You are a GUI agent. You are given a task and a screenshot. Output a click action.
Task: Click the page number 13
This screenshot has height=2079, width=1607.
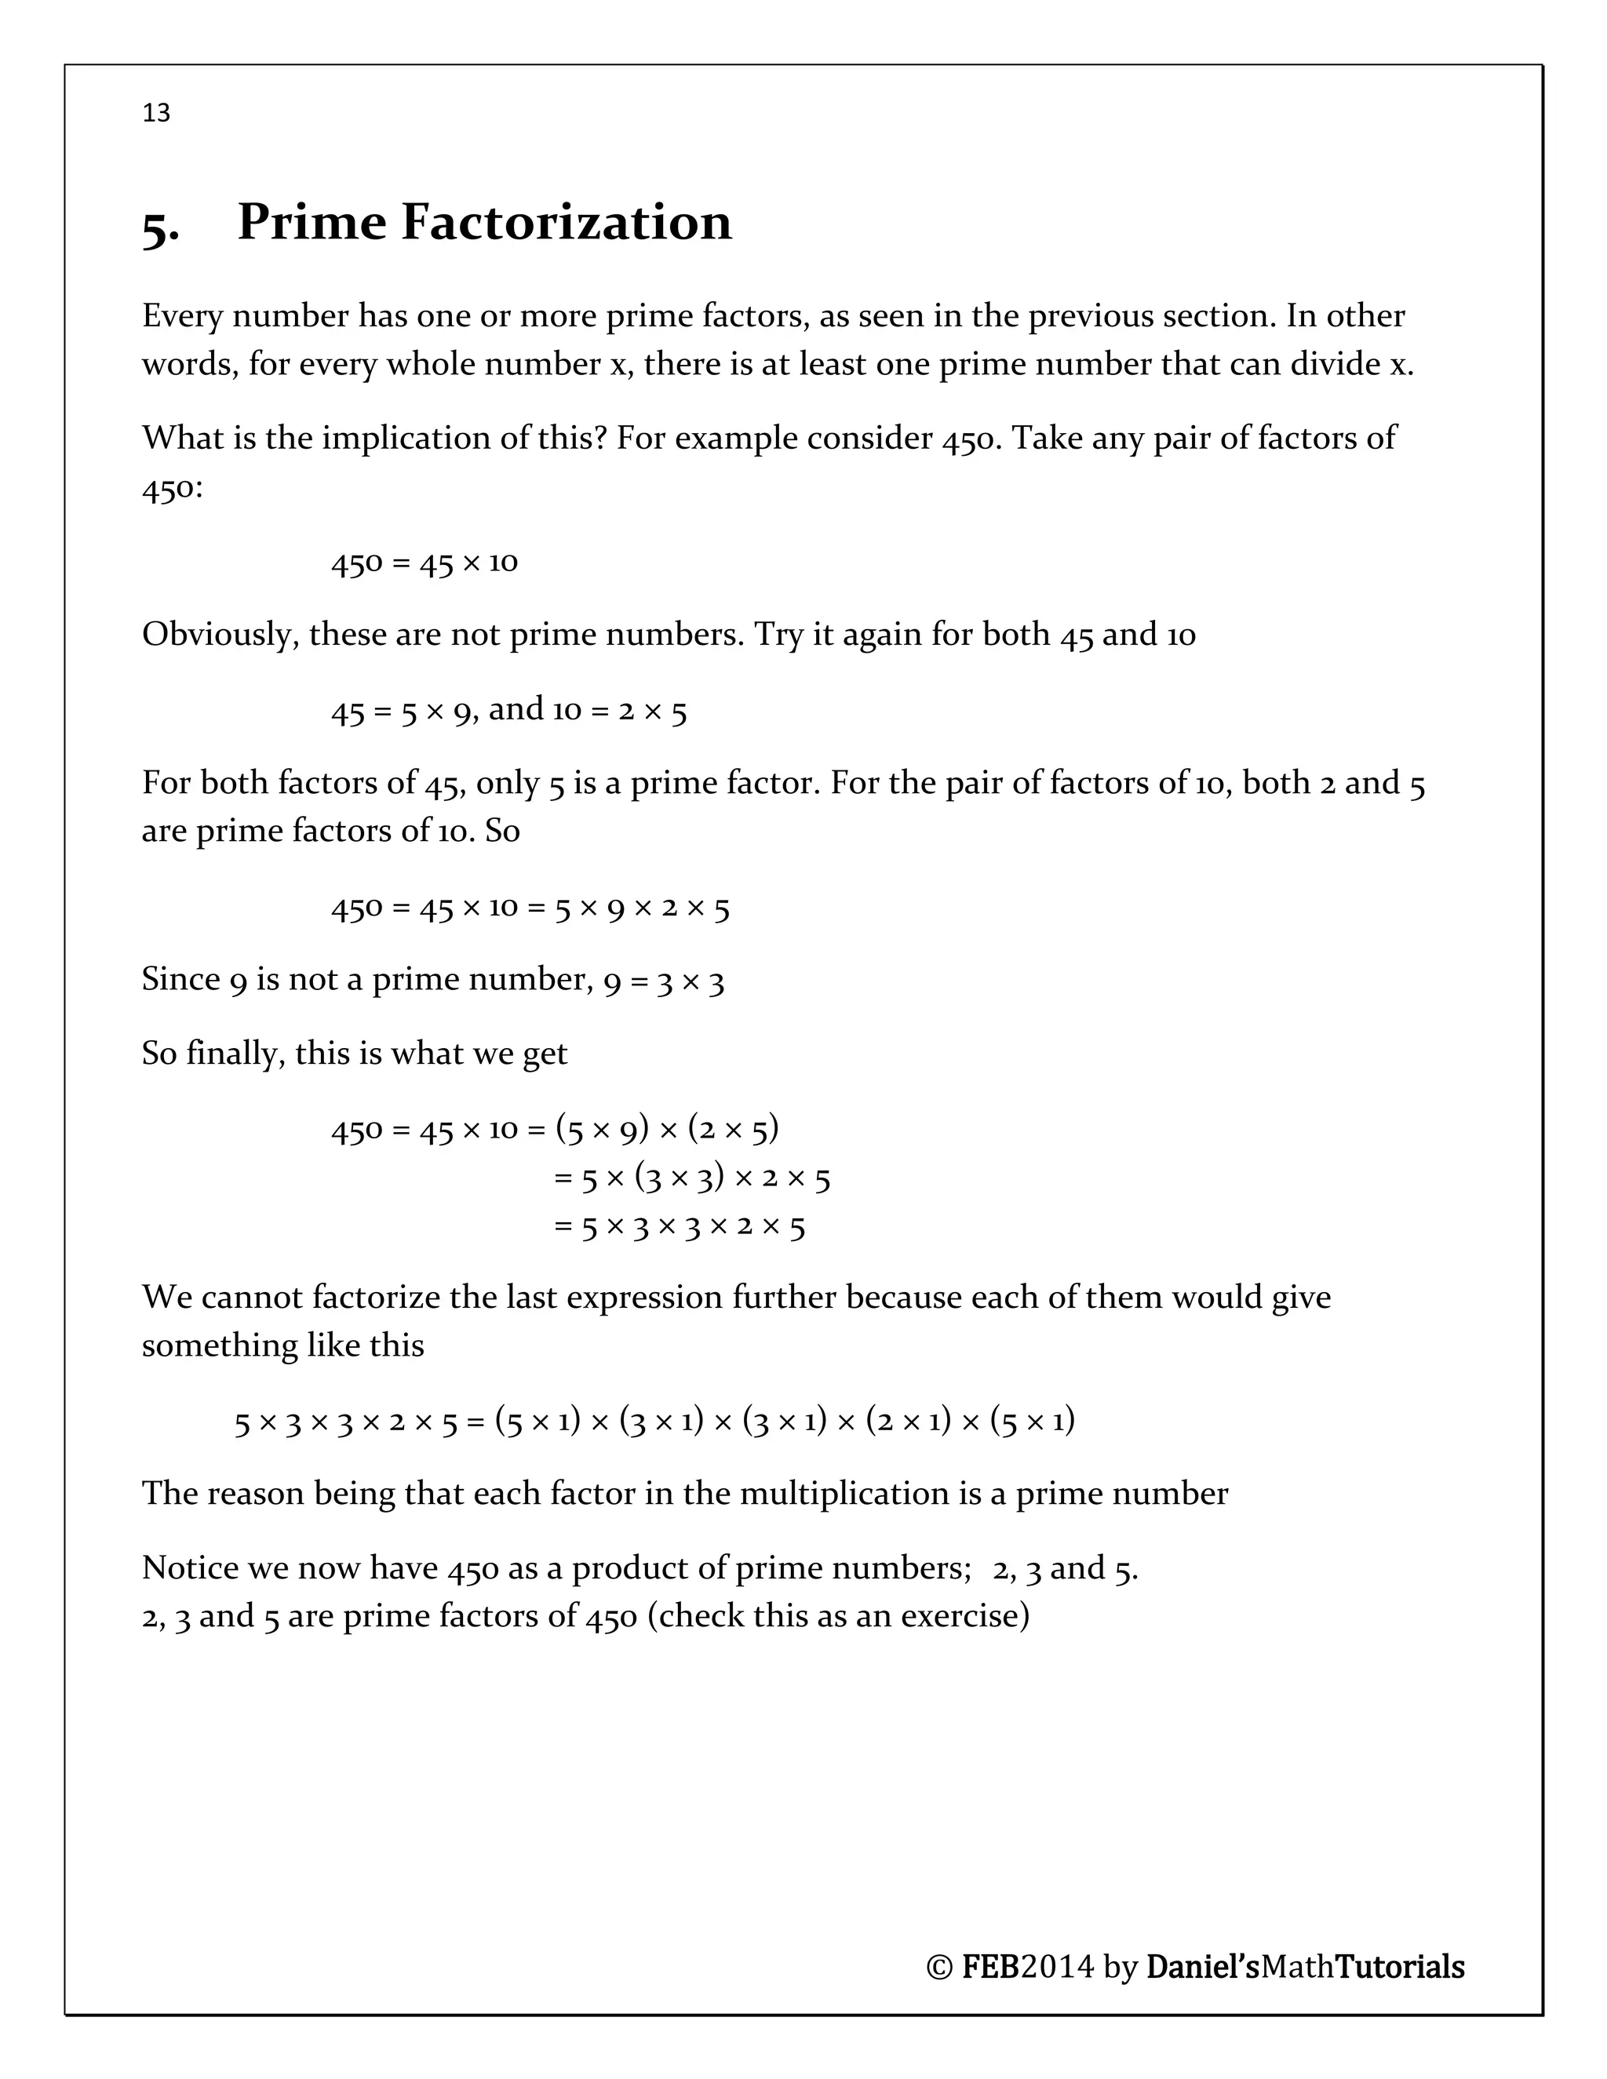pos(156,113)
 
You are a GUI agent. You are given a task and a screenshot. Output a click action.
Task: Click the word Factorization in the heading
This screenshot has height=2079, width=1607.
pos(566,223)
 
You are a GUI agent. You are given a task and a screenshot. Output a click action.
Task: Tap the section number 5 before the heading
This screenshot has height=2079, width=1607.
pos(158,227)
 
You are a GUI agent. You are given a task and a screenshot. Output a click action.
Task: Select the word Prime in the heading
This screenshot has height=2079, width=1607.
pos(311,223)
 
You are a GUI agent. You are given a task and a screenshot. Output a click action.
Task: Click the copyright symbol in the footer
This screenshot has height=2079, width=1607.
pos(938,1967)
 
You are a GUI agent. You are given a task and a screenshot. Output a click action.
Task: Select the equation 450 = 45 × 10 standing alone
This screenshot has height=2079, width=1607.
pos(425,563)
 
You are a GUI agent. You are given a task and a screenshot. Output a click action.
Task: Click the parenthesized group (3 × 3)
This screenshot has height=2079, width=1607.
pos(679,1178)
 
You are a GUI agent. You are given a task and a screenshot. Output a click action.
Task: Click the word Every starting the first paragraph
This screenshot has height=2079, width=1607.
pos(182,316)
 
